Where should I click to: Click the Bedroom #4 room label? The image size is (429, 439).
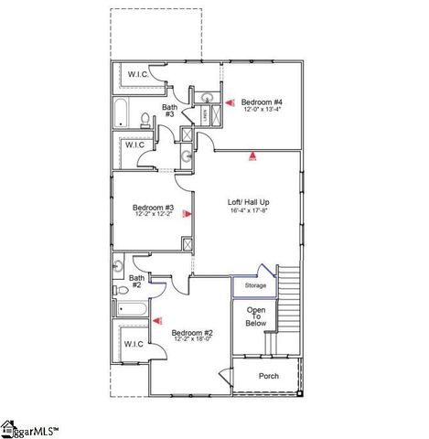click(x=262, y=101)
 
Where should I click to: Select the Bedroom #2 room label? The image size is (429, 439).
click(x=192, y=332)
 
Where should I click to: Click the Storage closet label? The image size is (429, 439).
click(x=255, y=286)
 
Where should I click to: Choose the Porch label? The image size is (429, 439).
click(x=269, y=376)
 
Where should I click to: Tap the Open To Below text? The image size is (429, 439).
click(x=255, y=316)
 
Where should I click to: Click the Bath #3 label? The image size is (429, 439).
click(x=169, y=111)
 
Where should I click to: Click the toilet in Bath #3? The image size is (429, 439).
click(x=145, y=118)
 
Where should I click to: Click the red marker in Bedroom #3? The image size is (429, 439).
click(x=186, y=214)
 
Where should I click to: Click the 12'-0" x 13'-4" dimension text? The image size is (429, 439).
click(x=262, y=110)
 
